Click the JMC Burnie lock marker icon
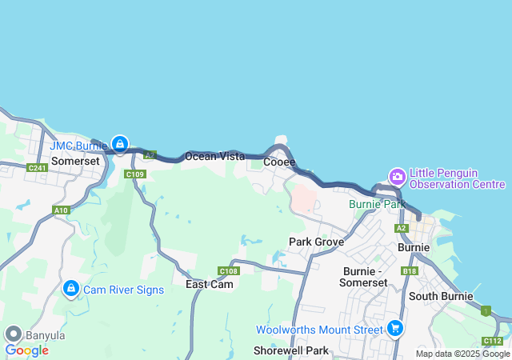point(119,144)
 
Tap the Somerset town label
point(75,161)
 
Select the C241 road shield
point(37,167)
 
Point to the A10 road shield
point(61,210)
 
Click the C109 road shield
point(135,174)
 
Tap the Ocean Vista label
point(214,157)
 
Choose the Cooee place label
point(279,162)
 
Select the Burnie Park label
point(378,204)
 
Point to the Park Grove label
point(316,242)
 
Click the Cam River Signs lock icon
point(70,288)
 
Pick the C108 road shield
point(228,270)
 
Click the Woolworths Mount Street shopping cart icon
point(394,328)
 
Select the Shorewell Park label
point(291,350)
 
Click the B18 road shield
point(410,271)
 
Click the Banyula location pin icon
point(13,334)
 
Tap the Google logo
point(26,350)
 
